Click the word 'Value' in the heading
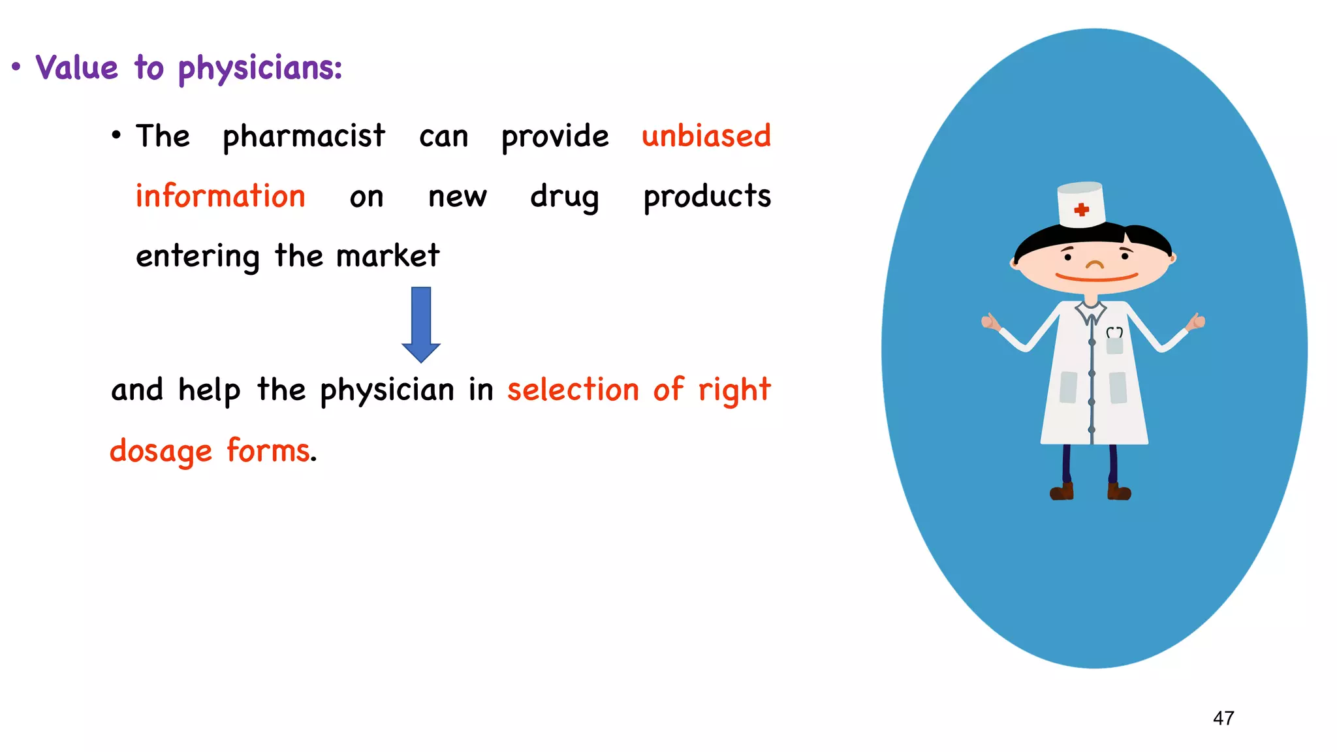click(x=77, y=68)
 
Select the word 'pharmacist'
click(x=304, y=137)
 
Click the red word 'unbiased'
click(x=706, y=136)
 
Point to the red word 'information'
click(x=220, y=196)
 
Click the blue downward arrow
click(x=421, y=324)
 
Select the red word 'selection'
click(x=573, y=390)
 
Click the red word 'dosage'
click(x=161, y=452)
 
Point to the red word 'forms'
click(x=268, y=450)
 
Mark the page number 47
click(x=1223, y=718)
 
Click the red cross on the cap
click(x=1082, y=210)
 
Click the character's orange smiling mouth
click(x=1096, y=278)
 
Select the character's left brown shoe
click(x=1062, y=492)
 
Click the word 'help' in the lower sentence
click(x=209, y=391)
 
